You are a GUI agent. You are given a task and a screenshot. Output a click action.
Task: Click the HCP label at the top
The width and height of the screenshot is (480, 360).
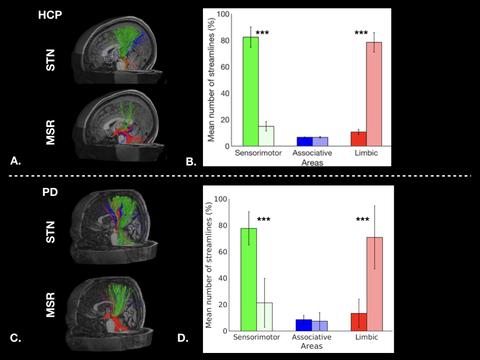pos(50,15)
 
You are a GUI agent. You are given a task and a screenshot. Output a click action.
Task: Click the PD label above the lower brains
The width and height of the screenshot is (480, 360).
pos(50,192)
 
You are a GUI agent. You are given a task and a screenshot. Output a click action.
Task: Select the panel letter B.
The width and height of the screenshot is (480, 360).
pos(191,162)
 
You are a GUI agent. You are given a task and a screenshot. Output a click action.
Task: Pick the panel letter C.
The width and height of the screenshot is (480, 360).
pos(15,337)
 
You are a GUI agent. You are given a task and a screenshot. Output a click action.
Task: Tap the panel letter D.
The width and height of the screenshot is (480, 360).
pos(183,337)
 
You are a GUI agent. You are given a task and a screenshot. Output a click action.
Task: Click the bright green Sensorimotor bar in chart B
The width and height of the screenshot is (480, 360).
pos(250,91)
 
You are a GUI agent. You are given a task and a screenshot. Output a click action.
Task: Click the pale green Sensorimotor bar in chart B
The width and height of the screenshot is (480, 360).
pos(266,136)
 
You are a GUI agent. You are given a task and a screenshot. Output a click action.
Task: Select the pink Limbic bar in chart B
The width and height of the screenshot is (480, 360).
pos(374,94)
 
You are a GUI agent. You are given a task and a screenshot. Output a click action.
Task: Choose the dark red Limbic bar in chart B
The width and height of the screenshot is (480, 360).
pos(359,139)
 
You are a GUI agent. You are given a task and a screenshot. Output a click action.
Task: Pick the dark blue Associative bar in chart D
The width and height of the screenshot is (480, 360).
pos(304,325)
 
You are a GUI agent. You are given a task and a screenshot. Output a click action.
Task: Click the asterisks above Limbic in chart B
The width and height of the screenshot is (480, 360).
pos(361,34)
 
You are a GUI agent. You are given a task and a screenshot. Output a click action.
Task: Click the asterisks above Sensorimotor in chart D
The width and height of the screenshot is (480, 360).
pos(264,219)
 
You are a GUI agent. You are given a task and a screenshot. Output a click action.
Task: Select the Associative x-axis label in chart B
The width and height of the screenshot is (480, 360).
pos(312,153)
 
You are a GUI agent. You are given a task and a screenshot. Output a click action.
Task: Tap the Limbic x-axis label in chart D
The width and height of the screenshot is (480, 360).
pos(367,337)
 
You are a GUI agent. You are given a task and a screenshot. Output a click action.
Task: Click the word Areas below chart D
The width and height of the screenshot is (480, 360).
pos(312,346)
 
